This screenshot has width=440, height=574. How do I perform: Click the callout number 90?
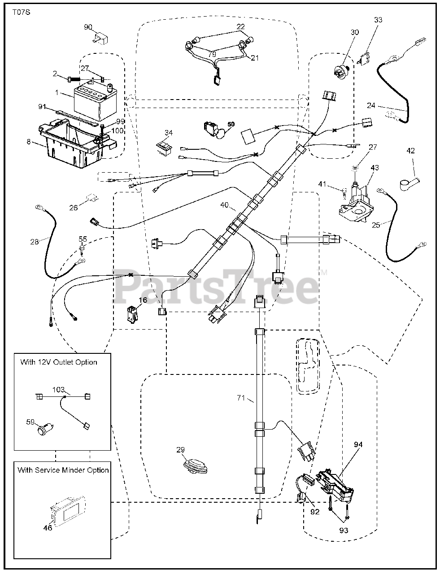[88, 27]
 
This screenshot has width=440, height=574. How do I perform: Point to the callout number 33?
[378, 20]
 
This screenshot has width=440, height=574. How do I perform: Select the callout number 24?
[371, 106]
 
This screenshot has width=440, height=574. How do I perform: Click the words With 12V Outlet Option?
[59, 362]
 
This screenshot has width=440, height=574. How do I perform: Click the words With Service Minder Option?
[63, 470]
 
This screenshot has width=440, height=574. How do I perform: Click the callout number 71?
[241, 398]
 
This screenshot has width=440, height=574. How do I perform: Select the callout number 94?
[358, 445]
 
